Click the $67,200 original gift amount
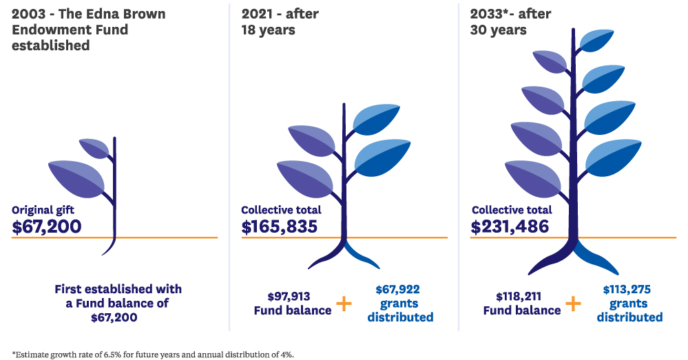(x=46, y=226)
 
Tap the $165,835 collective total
(x=280, y=226)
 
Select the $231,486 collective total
(x=510, y=226)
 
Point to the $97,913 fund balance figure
(x=289, y=297)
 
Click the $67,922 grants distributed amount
(x=398, y=290)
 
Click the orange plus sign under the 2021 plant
(x=343, y=303)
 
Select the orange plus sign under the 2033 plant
(x=572, y=303)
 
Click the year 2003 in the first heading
(x=30, y=14)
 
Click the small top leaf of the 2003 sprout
(x=95, y=147)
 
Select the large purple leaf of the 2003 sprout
(x=76, y=178)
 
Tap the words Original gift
(x=43, y=210)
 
